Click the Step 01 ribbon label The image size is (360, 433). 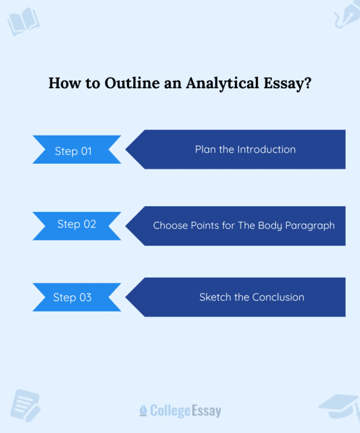pyautogui.click(x=73, y=151)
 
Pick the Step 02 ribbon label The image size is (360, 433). pyautogui.click(x=76, y=224)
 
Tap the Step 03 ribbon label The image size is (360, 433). pyautogui.click(x=73, y=297)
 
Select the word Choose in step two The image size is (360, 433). pyautogui.click(x=171, y=225)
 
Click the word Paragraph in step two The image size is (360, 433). pyautogui.click(x=309, y=225)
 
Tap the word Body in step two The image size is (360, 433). pyautogui.click(x=269, y=225)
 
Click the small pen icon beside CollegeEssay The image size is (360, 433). pyautogui.click(x=143, y=411)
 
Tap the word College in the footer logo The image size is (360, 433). pyautogui.click(x=170, y=411)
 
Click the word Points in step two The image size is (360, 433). pyautogui.click(x=206, y=225)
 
